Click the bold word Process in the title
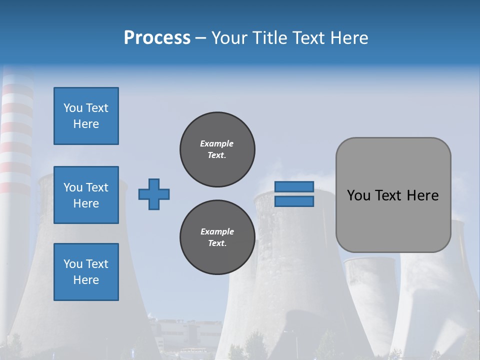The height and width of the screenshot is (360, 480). (157, 38)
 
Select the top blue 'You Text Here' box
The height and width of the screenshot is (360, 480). (86, 116)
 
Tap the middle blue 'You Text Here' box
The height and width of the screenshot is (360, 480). (86, 195)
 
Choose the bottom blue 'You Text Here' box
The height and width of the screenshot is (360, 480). (86, 272)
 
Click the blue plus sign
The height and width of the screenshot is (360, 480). (154, 194)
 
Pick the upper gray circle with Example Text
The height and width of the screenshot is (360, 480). (217, 149)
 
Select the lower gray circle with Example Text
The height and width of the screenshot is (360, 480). (217, 237)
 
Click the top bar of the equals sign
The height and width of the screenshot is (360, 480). (294, 187)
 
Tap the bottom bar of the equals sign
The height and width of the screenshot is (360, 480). (294, 201)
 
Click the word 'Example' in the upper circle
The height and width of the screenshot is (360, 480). (217, 143)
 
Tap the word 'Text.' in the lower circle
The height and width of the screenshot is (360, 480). (217, 243)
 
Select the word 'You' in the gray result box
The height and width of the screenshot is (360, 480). (359, 195)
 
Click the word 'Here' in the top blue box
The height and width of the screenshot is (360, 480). (86, 124)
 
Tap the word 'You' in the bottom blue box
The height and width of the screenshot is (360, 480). (73, 264)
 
